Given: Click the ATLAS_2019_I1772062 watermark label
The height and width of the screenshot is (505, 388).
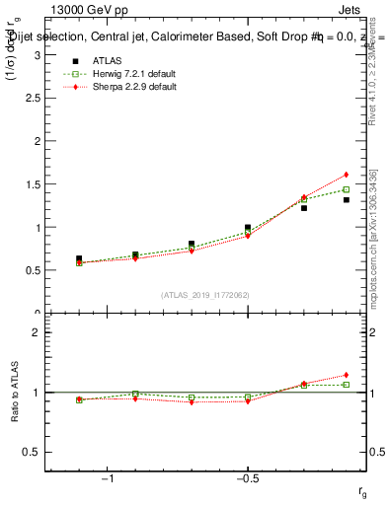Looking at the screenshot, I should click(x=205, y=295).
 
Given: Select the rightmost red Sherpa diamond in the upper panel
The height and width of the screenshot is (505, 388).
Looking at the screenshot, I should click(x=347, y=175).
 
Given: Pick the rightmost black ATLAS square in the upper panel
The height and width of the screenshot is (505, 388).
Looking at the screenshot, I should click(x=347, y=200).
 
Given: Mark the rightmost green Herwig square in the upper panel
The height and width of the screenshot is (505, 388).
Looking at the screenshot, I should click(x=347, y=189).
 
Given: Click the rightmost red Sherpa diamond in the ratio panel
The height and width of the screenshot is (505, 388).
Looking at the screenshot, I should click(x=347, y=375).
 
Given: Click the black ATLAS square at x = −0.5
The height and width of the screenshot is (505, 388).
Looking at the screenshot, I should click(x=248, y=228).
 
